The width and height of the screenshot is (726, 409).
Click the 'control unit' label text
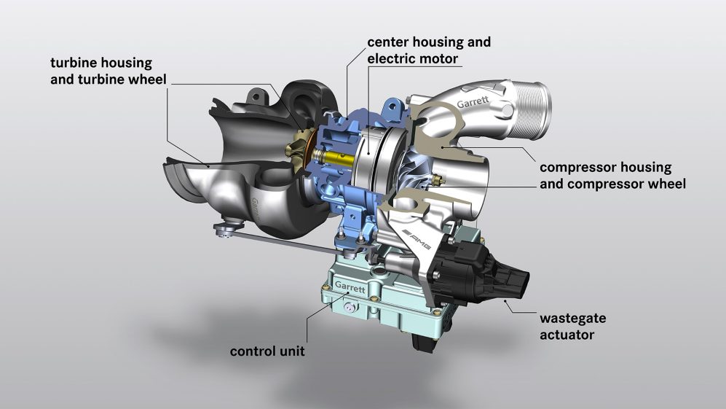click(x=267, y=351)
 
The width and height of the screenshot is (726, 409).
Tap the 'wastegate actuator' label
click(x=572, y=327)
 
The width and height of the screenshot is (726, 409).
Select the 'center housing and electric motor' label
click(x=429, y=50)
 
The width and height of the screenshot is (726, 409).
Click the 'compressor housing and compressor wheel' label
click(x=612, y=176)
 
